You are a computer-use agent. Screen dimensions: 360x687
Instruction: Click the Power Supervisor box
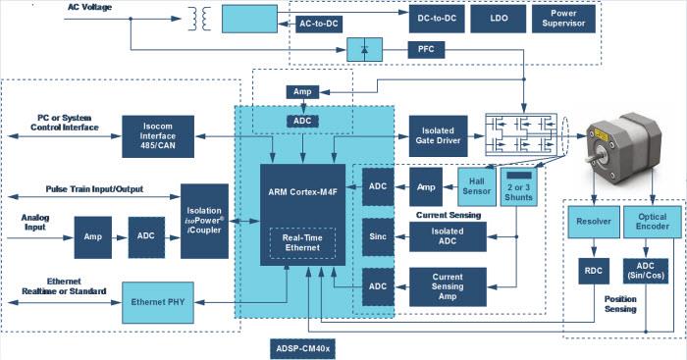pyautogui.click(x=566, y=18)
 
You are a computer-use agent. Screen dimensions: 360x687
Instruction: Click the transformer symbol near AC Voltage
pyautogui.click(x=203, y=19)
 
